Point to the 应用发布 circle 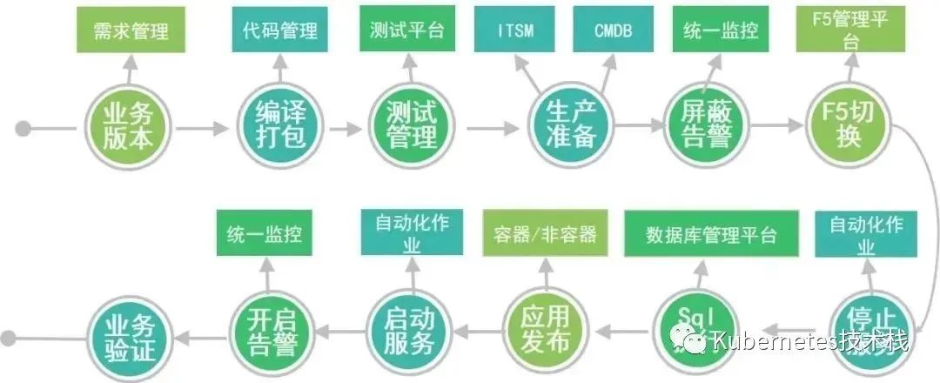(x=542, y=328)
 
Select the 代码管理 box (x=280, y=31)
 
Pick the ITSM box (x=515, y=31)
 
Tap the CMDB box (x=614, y=31)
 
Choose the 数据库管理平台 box (x=711, y=234)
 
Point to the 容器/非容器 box (x=546, y=234)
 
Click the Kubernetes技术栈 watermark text (x=809, y=341)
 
